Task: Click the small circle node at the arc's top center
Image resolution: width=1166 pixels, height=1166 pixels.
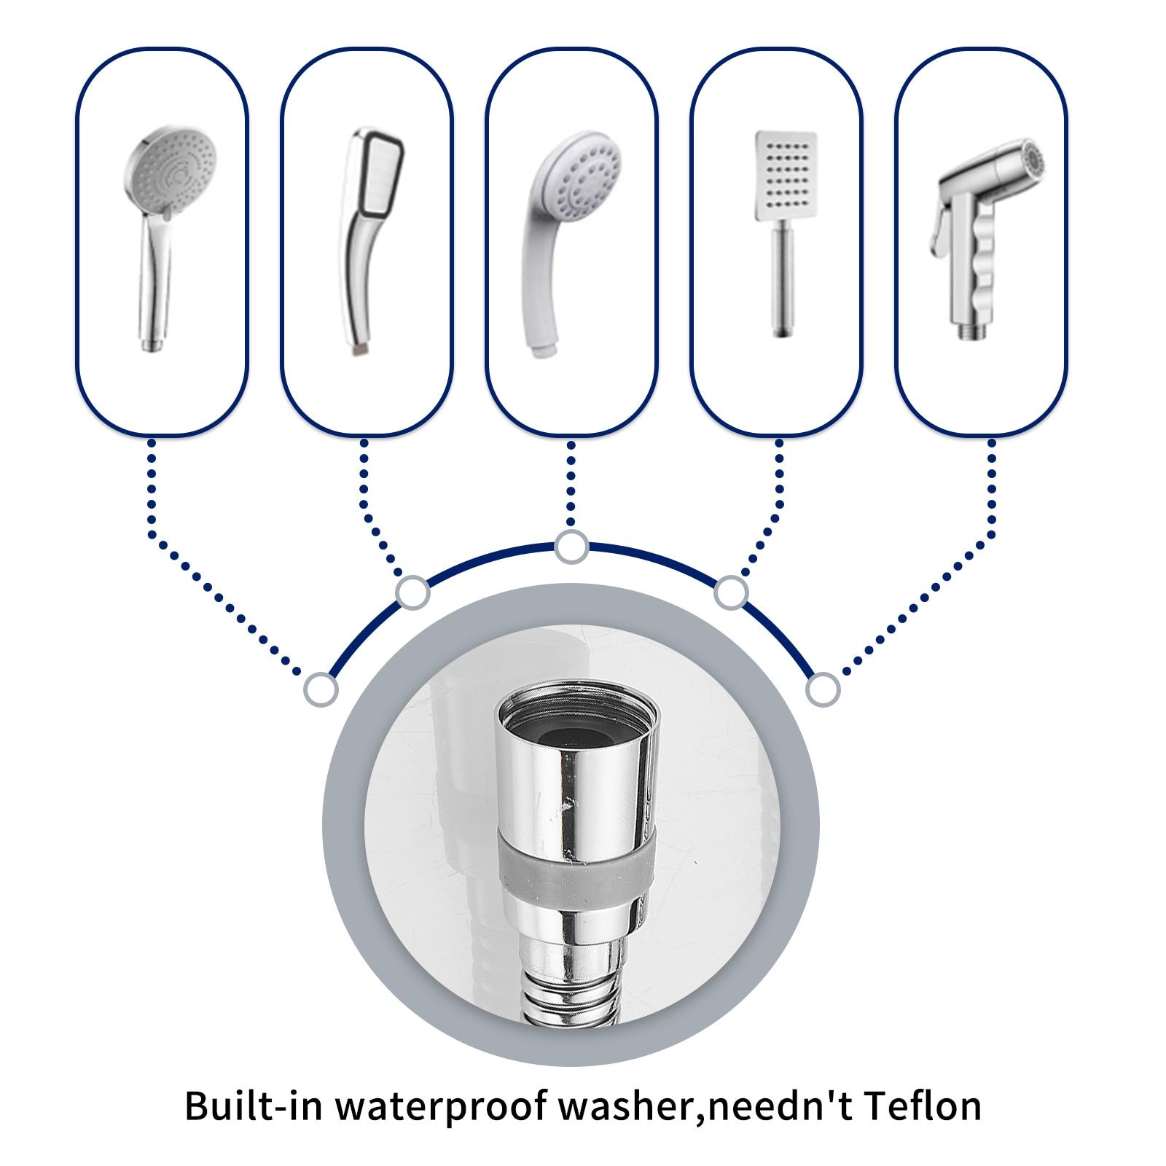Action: [x=571, y=547]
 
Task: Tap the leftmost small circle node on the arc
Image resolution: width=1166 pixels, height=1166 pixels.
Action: [x=321, y=689]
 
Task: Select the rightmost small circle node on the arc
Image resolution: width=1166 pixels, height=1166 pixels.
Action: [x=823, y=689]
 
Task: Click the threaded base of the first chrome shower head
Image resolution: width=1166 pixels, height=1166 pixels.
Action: [x=152, y=343]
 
